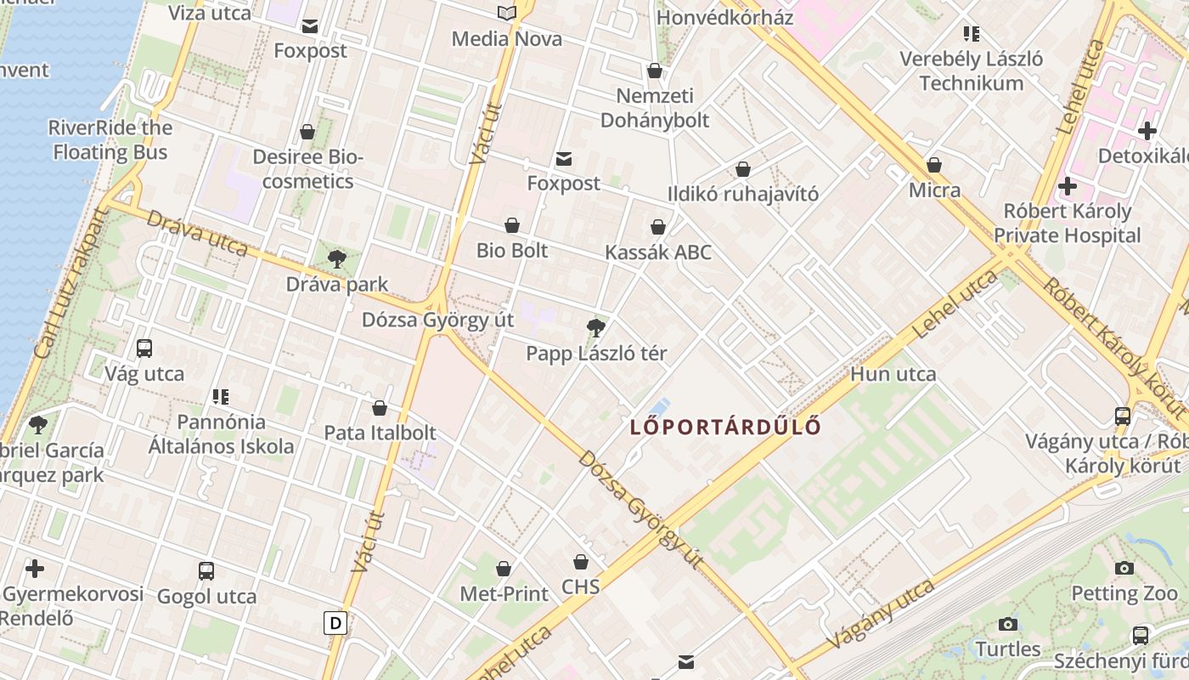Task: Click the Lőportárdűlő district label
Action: click(726, 427)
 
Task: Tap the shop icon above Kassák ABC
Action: click(657, 227)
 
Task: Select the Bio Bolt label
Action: click(512, 251)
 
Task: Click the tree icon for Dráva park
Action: click(336, 259)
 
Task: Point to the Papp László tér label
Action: click(596, 354)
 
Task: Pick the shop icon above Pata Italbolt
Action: click(380, 408)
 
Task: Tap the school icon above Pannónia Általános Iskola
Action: click(221, 396)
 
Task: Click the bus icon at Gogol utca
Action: click(206, 570)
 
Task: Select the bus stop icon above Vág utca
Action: click(144, 348)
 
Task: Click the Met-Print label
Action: click(504, 594)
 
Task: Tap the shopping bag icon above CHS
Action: click(581, 562)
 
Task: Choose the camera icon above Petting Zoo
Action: click(1124, 568)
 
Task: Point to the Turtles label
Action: click(1007, 649)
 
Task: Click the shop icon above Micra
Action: click(934, 165)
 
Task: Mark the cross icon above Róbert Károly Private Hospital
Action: click(1068, 186)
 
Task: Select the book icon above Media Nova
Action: click(507, 13)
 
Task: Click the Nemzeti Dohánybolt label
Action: click(654, 108)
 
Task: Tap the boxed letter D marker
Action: click(335, 624)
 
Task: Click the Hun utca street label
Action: click(893, 374)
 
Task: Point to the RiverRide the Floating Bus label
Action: click(110, 140)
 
